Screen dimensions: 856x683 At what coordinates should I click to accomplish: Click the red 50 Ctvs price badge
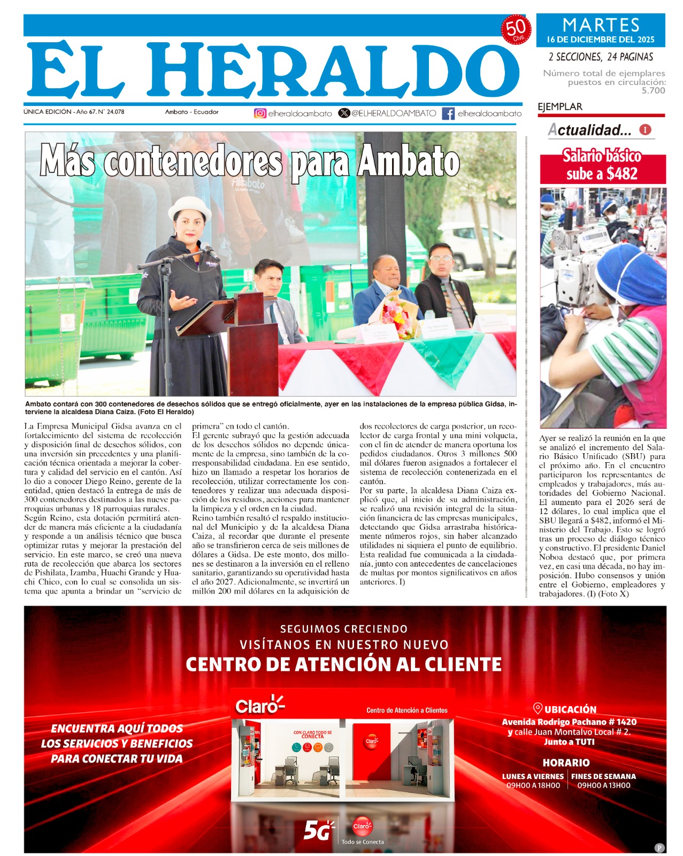[x=516, y=30]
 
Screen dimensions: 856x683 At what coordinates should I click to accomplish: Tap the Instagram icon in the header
[x=260, y=113]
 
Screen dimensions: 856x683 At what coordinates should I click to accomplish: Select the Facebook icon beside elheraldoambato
[x=448, y=113]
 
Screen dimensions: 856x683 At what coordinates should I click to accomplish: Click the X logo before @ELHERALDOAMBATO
[x=344, y=113]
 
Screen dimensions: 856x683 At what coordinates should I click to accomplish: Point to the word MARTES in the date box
[x=601, y=25]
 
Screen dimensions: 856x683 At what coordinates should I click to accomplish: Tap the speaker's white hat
[x=189, y=208]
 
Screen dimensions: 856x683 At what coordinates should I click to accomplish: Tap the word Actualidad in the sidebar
[x=589, y=130]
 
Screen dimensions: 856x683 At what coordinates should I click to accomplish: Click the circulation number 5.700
[x=653, y=91]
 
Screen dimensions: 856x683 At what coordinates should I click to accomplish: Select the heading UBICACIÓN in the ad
[x=570, y=709]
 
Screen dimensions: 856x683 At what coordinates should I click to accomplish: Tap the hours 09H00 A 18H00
[x=533, y=785]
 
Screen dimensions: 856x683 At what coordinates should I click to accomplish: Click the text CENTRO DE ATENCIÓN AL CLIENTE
[x=343, y=664]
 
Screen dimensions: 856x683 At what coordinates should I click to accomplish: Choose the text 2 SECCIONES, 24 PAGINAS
[x=601, y=57]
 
